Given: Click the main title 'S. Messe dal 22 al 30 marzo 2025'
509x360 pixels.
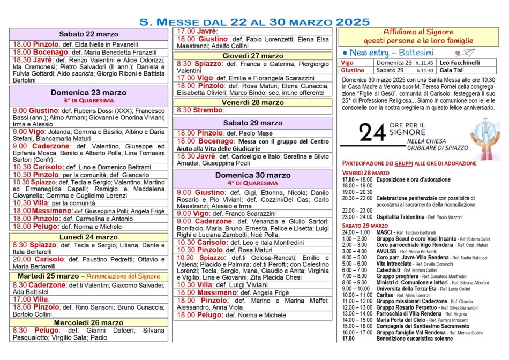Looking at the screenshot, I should coord(254,22).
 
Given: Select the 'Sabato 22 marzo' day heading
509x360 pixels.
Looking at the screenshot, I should coord(89,34).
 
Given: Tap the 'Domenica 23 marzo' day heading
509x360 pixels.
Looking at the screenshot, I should coord(89,93).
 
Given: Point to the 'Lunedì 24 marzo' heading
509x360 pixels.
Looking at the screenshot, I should coord(89,237).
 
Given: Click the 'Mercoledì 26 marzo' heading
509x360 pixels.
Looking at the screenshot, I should coord(89,322).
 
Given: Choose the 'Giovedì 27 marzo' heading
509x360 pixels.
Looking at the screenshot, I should coord(253,56).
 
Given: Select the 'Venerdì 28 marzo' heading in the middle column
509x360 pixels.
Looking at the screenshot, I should coord(253,102).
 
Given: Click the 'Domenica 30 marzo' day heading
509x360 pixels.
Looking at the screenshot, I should coord(253,175).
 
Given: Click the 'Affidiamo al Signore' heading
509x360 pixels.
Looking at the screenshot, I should coord(418,32).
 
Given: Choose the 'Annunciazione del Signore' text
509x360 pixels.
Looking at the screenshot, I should coord(121,276).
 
